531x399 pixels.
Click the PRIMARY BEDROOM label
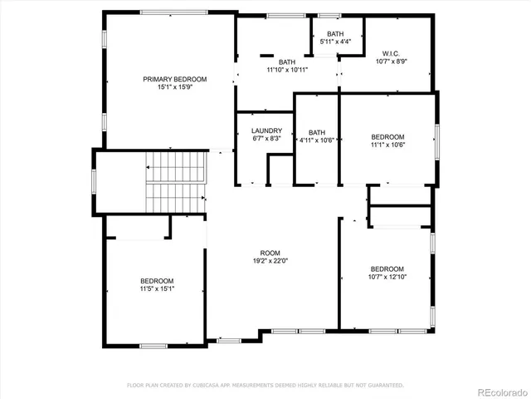(174, 79)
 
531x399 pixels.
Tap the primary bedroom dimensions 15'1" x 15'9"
(174, 87)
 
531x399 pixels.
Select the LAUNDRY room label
(267, 131)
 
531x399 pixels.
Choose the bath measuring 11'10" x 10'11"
(287, 70)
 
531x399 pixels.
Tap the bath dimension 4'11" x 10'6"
(317, 140)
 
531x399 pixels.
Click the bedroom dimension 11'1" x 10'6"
(387, 145)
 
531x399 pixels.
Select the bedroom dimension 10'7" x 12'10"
(387, 277)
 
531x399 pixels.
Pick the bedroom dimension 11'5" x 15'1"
(157, 288)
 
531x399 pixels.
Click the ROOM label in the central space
(270, 253)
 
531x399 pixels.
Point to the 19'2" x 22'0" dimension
(270, 261)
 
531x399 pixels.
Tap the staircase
(174, 183)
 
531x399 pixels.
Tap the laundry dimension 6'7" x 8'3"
(267, 139)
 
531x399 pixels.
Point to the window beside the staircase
(95, 180)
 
